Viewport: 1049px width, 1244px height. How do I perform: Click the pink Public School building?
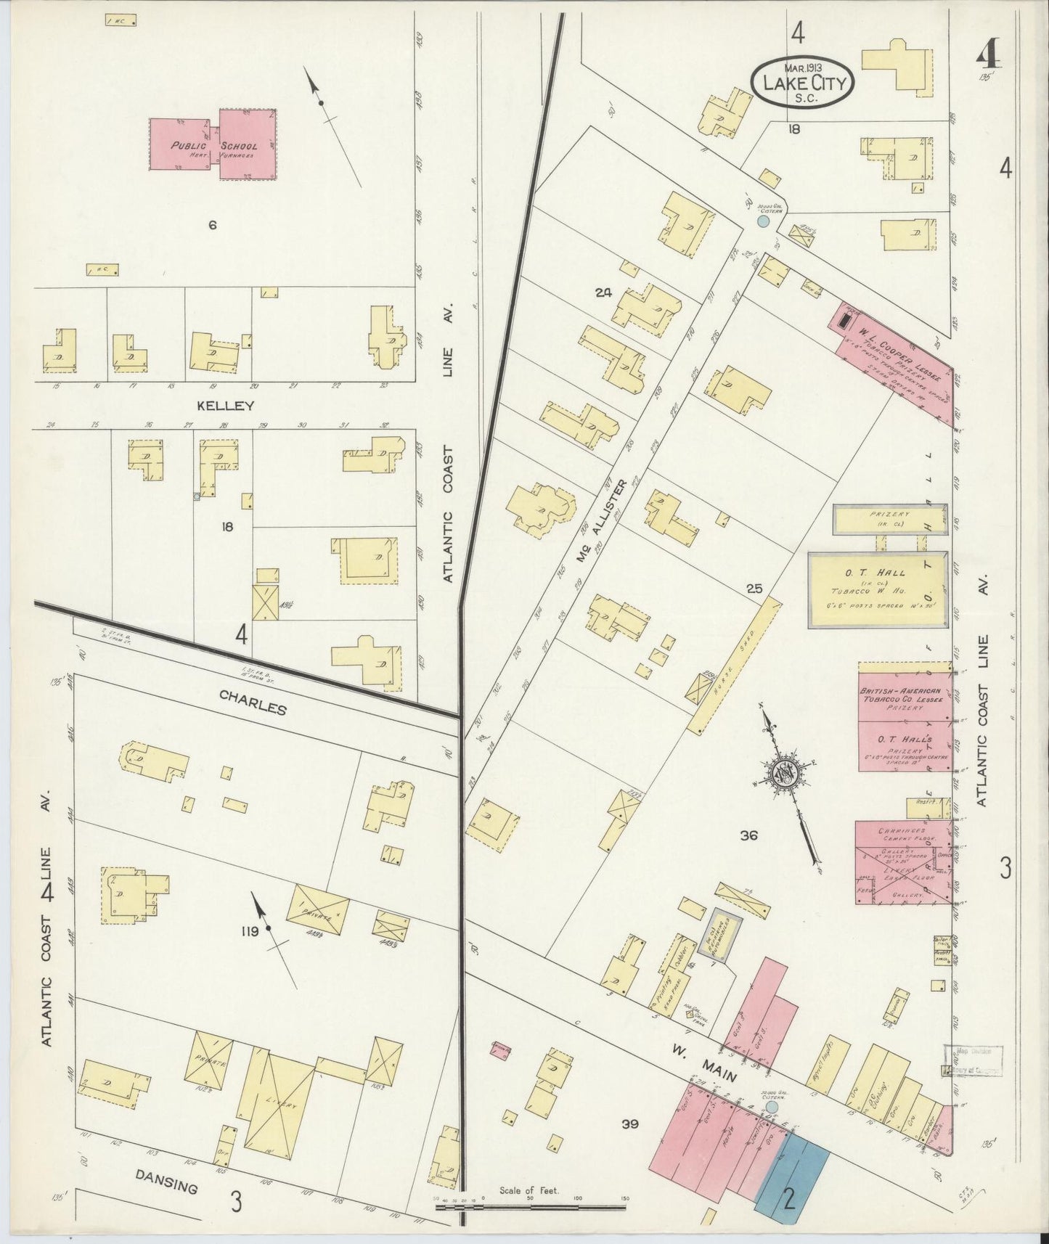click(x=213, y=145)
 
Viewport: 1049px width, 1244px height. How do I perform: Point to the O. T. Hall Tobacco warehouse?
click(x=878, y=589)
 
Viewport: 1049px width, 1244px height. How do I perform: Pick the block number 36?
click(x=748, y=835)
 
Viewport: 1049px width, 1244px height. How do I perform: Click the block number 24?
click(x=603, y=292)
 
